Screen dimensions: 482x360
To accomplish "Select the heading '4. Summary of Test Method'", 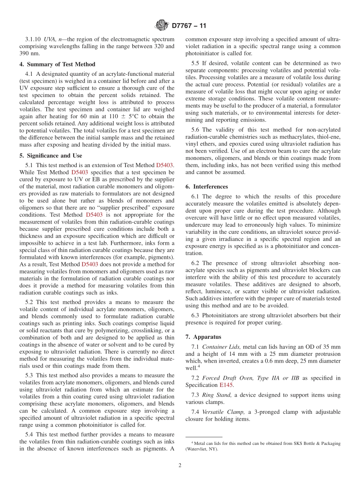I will click(x=57, y=64).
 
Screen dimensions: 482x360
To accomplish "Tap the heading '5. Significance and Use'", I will click(x=51, y=155).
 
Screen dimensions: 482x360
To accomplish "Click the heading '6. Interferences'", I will click(x=207, y=186).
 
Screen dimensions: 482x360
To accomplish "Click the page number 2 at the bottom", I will click(x=180, y=465).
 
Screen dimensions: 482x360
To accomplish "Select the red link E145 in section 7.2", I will click(x=227, y=385).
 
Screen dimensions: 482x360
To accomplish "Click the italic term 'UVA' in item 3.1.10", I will click(x=50, y=39).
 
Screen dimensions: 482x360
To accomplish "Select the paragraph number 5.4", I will click(x=30, y=434).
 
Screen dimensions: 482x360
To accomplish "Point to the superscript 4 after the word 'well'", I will click(x=199, y=366).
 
